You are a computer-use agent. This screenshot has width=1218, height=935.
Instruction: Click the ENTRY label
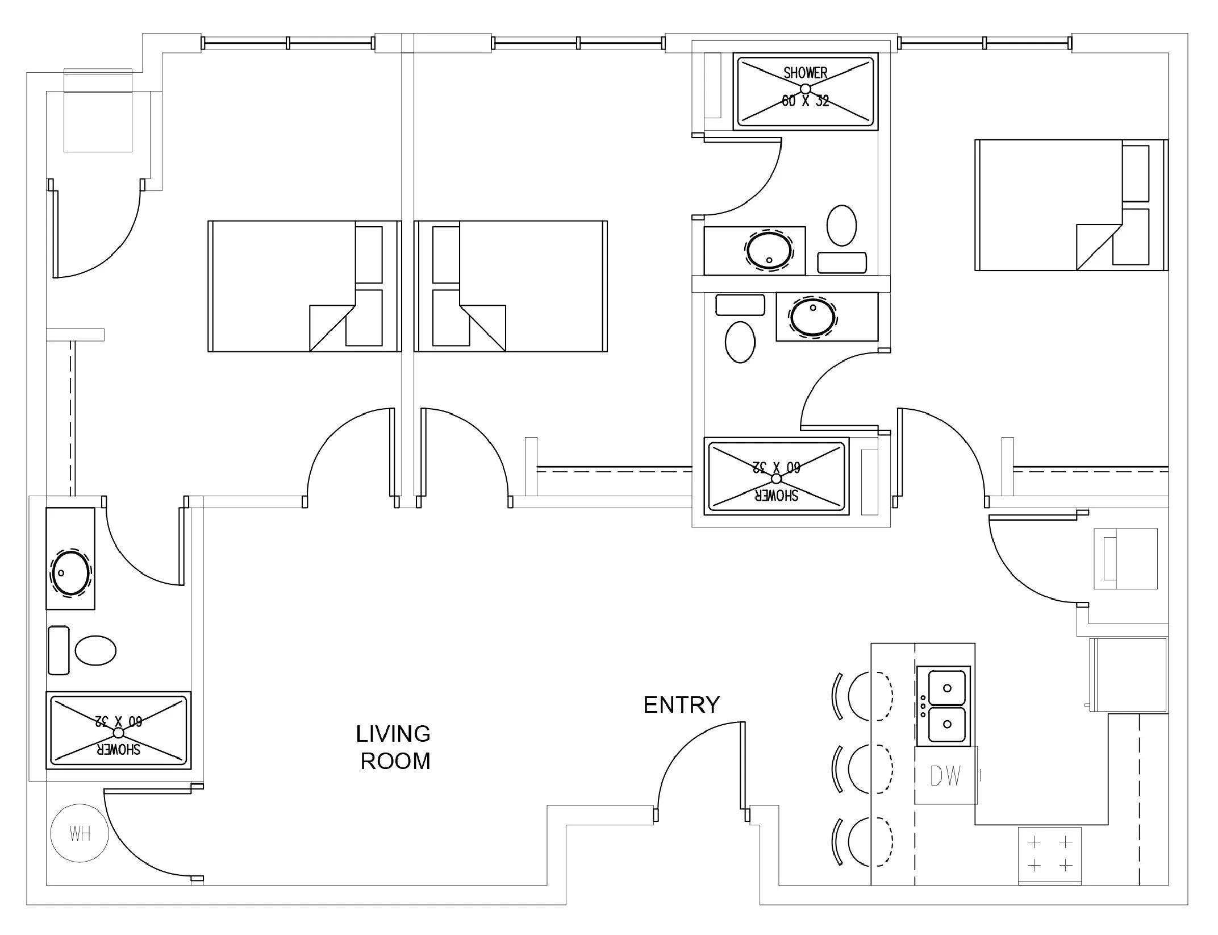(x=681, y=705)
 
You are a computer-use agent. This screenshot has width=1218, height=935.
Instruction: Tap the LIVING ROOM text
(x=394, y=747)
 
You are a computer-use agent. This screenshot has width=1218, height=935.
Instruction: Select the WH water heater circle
(x=80, y=833)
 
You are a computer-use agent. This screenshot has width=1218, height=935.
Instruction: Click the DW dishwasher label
(x=946, y=776)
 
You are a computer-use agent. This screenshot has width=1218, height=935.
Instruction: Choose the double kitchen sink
(x=944, y=705)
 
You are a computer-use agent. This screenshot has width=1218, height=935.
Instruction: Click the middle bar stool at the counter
(x=862, y=768)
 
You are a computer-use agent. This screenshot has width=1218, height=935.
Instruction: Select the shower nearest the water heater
(x=118, y=730)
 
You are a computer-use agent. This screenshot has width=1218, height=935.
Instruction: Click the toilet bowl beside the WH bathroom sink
(x=96, y=650)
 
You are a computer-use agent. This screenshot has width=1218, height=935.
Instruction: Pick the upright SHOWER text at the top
(x=805, y=73)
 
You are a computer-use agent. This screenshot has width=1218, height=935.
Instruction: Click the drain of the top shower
(x=805, y=89)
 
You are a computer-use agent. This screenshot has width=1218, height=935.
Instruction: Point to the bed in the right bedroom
(x=1071, y=205)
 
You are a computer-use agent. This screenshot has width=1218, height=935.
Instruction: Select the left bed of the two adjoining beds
(x=305, y=286)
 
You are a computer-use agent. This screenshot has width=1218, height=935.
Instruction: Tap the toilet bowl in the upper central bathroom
(x=841, y=226)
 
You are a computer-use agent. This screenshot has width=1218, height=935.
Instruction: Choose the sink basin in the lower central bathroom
(x=813, y=317)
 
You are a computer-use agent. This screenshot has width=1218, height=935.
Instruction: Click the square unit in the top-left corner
(x=98, y=110)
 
